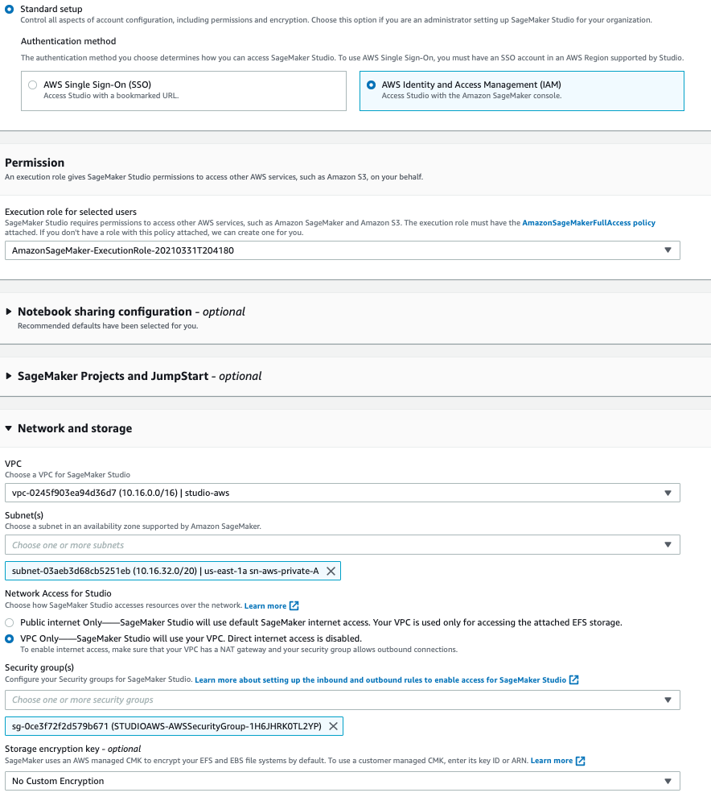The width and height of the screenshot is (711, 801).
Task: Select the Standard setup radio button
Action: coord(10,9)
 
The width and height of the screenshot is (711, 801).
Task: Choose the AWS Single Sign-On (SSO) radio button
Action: coord(32,85)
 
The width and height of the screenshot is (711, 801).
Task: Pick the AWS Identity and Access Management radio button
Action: coord(371,85)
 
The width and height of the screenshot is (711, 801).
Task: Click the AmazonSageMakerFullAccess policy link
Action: coord(589,222)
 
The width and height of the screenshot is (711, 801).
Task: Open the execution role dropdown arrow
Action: coord(668,250)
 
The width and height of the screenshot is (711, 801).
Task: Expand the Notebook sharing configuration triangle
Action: coord(10,312)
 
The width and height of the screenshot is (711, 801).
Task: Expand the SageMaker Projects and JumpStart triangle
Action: coord(10,376)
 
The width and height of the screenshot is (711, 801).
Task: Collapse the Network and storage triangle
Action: coord(10,429)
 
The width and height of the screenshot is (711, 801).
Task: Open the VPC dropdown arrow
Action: coord(668,493)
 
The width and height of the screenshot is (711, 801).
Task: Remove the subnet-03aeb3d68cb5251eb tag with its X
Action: coord(331,572)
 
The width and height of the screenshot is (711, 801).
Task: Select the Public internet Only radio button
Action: coord(10,623)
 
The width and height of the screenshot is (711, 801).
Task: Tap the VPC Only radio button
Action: coord(10,638)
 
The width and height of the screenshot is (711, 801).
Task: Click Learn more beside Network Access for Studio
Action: coord(265,605)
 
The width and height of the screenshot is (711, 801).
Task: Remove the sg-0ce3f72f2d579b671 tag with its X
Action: coord(333,726)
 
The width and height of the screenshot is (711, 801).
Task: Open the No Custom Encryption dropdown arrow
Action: coord(668,781)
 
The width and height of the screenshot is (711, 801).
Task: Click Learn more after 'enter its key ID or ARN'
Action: coord(552,761)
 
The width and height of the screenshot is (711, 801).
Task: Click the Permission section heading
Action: coord(35,163)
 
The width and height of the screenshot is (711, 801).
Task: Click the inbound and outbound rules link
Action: coord(380,680)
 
